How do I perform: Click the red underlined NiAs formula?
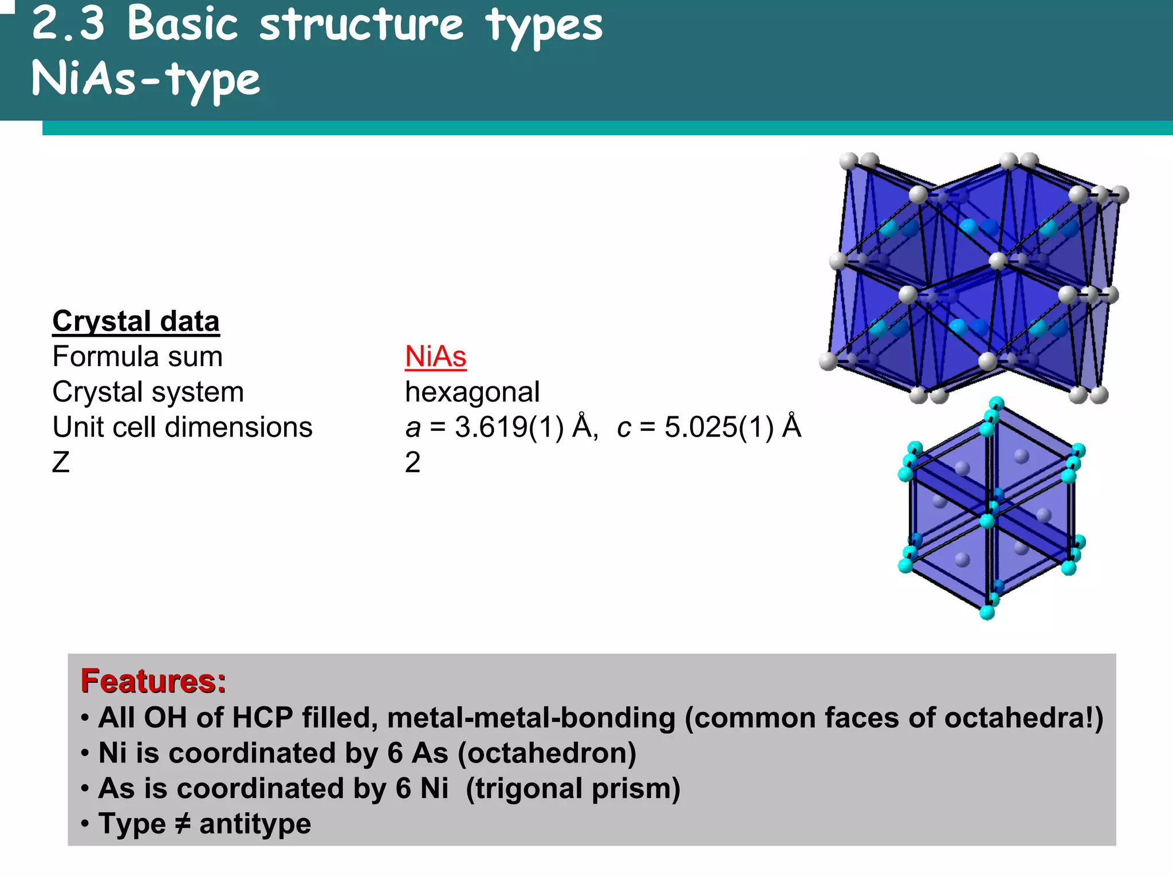point(435,357)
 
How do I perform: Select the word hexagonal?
point(472,392)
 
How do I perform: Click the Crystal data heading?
point(136,321)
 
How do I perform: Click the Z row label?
point(61,462)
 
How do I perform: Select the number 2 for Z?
point(412,462)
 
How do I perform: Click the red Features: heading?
point(153,681)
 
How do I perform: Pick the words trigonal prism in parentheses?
point(573,789)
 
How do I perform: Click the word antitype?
point(255,824)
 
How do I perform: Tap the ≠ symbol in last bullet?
point(182,824)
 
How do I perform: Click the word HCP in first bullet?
point(263,718)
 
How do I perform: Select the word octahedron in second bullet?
point(547,753)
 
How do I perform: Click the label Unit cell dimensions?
point(182,427)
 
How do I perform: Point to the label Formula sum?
point(137,357)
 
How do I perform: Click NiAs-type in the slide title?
point(145,79)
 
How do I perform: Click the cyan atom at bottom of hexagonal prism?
point(987,612)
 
